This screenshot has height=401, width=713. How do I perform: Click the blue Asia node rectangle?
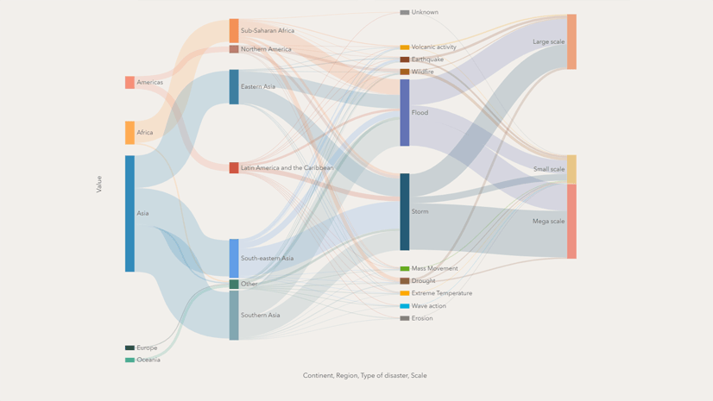pos(129,213)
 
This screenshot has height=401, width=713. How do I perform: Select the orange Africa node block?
pos(129,133)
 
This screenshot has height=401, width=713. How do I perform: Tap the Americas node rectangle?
pos(129,83)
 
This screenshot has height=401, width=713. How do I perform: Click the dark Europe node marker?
pos(129,348)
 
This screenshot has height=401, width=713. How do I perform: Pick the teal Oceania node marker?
pos(129,360)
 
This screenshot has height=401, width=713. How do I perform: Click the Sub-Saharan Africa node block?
pos(234,31)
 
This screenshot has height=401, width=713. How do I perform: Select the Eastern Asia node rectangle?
pos(234,87)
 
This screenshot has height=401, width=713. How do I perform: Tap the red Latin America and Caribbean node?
pos(234,168)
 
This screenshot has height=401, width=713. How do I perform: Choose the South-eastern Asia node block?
pos(234,258)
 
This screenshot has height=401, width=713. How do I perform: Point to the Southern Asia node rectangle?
pos(234,316)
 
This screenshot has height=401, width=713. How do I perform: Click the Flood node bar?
pos(405,113)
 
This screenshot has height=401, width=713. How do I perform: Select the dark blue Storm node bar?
pos(405,212)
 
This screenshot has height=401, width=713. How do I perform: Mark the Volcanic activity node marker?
pos(405,47)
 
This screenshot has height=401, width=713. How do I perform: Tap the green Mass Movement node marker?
pos(405,269)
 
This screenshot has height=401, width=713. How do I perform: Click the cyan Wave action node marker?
pos(405,306)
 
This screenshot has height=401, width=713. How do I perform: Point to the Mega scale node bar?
pos(571,222)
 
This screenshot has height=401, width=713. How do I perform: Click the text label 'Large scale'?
pos(548,42)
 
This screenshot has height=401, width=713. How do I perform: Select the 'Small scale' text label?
pos(548,170)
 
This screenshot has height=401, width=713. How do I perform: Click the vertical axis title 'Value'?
pos(99,184)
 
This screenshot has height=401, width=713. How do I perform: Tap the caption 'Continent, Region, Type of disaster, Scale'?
pos(364,376)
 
